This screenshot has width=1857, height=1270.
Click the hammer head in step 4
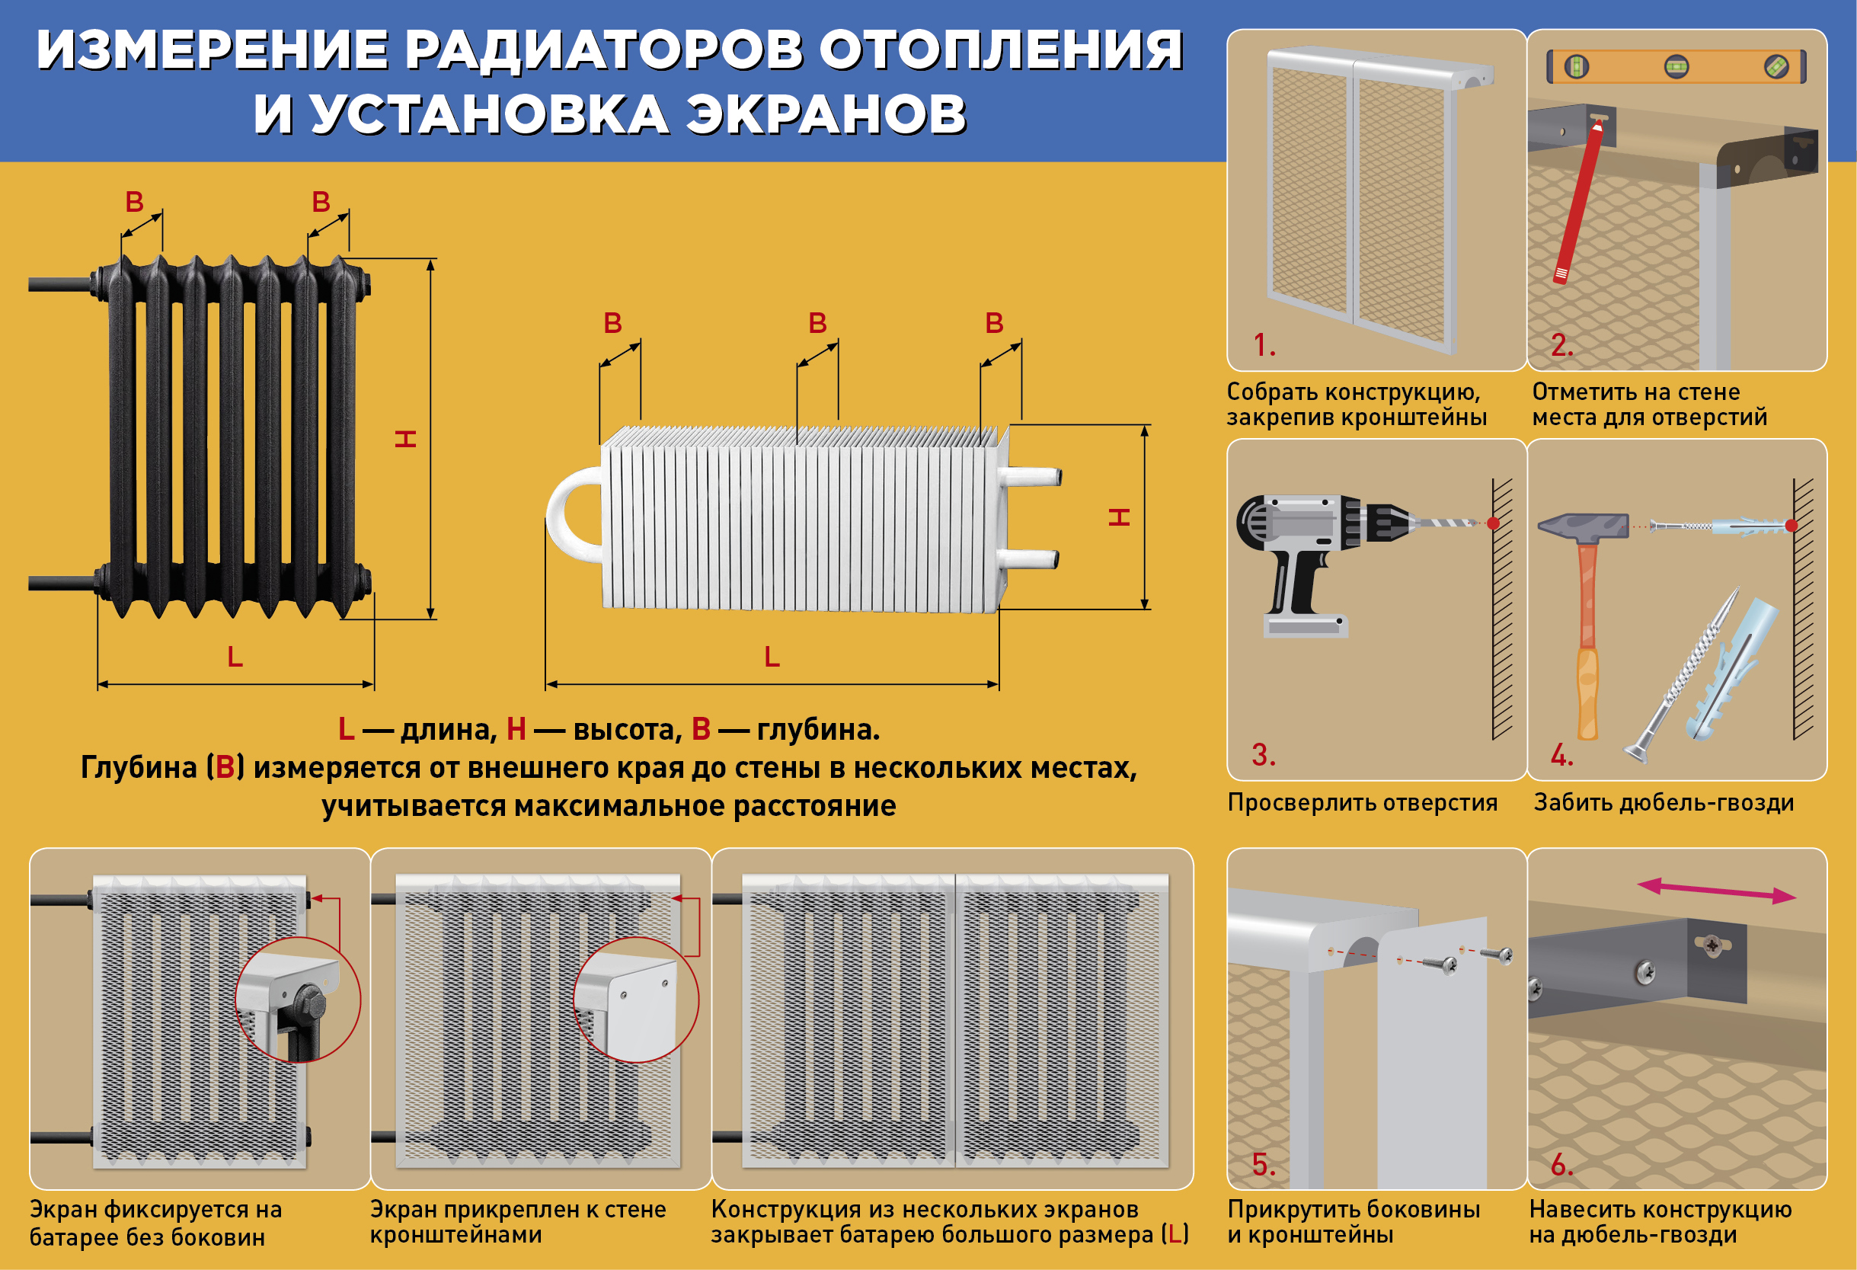coord(1582,526)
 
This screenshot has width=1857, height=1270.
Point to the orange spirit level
coord(1676,67)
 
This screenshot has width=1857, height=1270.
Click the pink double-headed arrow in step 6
coord(1716,891)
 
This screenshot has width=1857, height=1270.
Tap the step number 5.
coord(1263,1166)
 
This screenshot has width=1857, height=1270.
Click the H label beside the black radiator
coord(406,438)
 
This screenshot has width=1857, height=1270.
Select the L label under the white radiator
coord(771,657)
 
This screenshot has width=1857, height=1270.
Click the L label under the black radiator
coord(235,657)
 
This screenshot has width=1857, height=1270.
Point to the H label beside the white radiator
coord(1120,517)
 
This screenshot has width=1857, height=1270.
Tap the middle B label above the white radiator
coord(817,324)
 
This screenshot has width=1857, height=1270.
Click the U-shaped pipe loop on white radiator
coord(571,516)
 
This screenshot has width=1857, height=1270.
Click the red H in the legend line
coord(516,729)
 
